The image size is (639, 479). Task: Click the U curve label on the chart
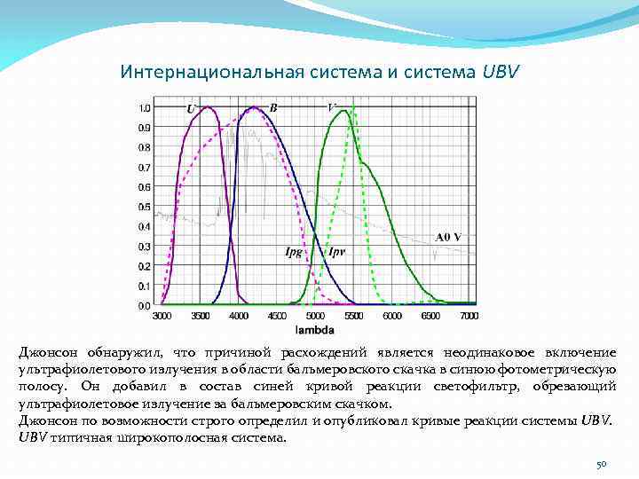click(191, 108)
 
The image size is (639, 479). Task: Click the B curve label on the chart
click(273, 107)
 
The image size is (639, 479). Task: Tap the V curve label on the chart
click(332, 107)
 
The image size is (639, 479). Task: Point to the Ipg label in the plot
click(293, 252)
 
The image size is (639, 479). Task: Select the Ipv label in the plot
click(336, 252)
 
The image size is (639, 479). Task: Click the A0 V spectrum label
click(448, 237)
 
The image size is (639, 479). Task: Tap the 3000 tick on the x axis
click(162, 315)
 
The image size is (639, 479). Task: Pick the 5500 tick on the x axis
click(354, 315)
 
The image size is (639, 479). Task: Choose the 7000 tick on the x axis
click(469, 315)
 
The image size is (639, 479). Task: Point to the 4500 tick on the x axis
click(277, 315)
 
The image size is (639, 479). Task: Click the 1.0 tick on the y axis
click(144, 107)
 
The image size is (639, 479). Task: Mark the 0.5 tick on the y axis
click(144, 207)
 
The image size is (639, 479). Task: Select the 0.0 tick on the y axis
click(144, 305)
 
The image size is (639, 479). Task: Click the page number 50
click(600, 464)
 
